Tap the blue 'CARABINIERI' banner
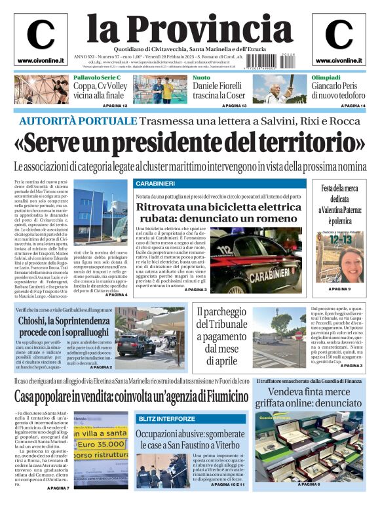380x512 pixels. click(x=155, y=183)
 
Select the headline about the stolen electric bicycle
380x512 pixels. click(x=218, y=212)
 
